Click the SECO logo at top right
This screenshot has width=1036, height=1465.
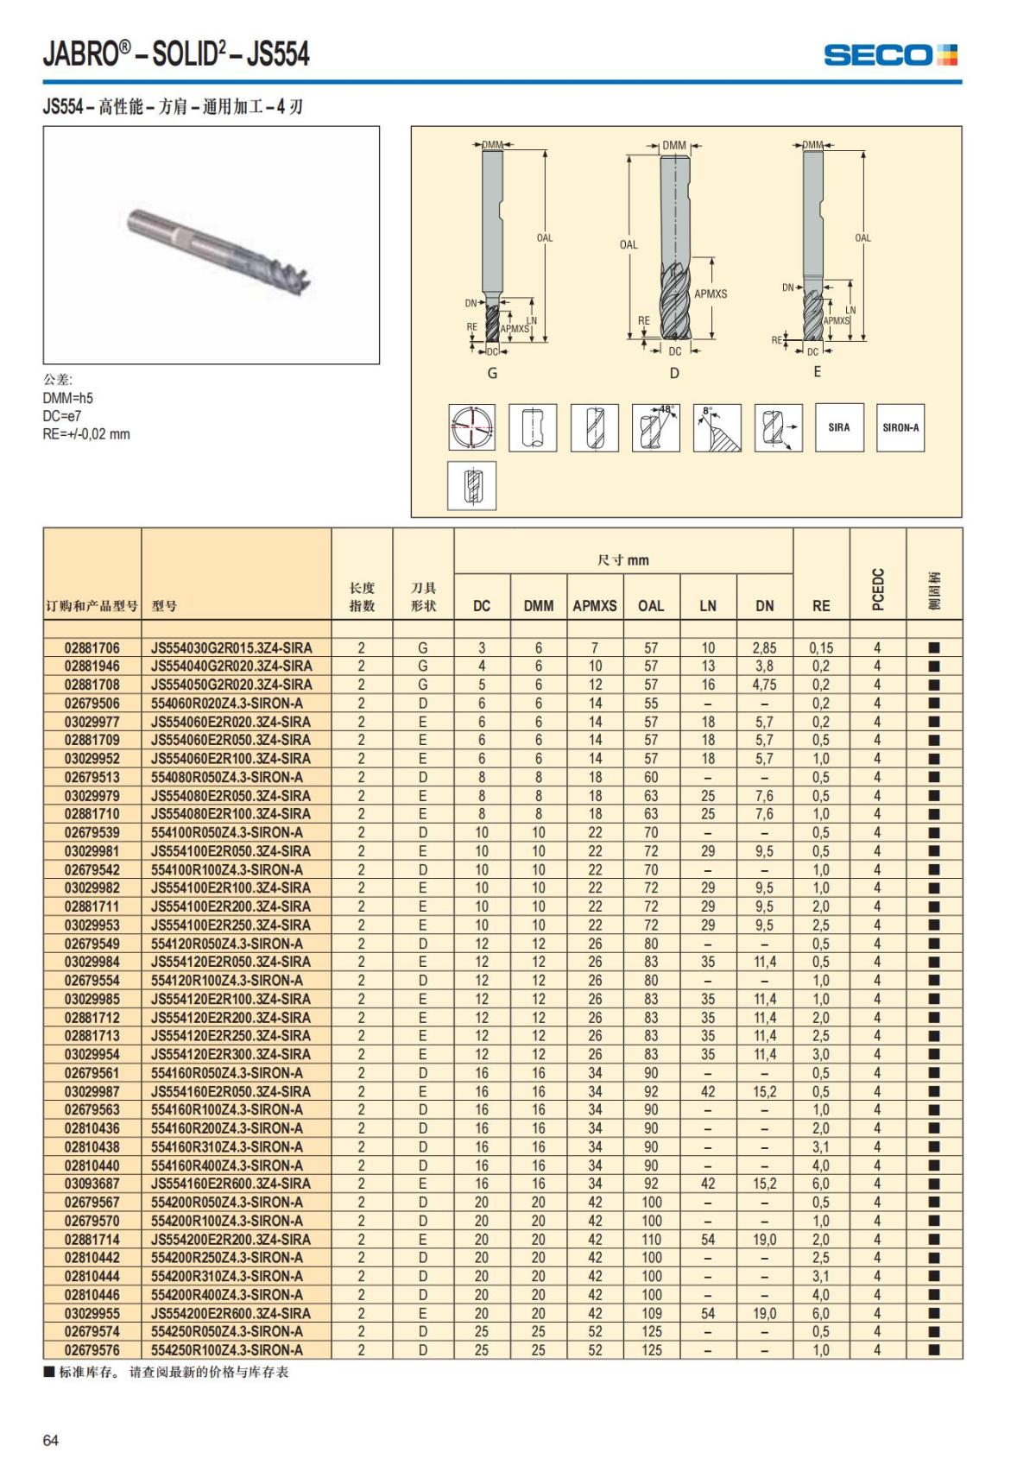(x=890, y=55)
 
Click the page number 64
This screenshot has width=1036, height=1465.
(x=51, y=1440)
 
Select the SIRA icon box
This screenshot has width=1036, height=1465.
(x=839, y=427)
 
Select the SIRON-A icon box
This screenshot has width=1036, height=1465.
(x=900, y=427)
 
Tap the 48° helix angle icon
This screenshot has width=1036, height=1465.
(x=656, y=427)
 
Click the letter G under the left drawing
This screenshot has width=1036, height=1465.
(x=493, y=373)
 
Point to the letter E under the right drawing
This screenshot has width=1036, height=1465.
(x=818, y=372)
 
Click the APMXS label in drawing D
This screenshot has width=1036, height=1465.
(x=711, y=294)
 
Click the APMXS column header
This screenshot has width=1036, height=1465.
(x=595, y=606)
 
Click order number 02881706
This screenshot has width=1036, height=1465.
(x=92, y=647)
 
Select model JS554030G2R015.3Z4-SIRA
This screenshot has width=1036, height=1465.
(x=232, y=647)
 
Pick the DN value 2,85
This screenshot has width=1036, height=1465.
(x=764, y=647)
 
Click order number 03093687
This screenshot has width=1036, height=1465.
(x=92, y=1184)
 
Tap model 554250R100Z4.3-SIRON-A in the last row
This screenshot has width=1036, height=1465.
(x=227, y=1350)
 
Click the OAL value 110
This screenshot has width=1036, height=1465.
(x=651, y=1239)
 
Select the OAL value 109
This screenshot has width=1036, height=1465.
(x=651, y=1313)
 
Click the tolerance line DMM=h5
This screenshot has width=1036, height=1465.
(x=68, y=398)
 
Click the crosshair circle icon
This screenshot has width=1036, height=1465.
(x=472, y=427)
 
